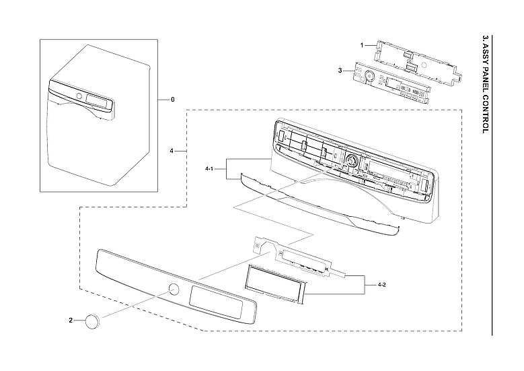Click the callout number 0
click(172, 100)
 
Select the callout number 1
click(361, 44)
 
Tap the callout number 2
click(71, 321)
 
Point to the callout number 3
click(341, 69)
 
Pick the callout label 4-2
click(381, 285)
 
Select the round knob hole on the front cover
click(174, 290)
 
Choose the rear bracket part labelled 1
click(417, 60)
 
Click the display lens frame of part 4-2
click(274, 283)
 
